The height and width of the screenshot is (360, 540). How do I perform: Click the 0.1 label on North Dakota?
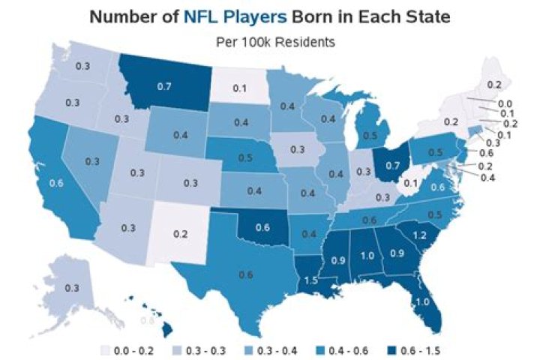point(238,88)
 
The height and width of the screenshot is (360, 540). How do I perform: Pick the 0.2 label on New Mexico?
point(179,233)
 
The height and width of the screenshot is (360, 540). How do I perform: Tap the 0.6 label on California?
point(56,181)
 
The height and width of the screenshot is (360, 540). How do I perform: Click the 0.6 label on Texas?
point(245,275)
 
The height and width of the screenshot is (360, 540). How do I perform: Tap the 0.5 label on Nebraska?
point(244,159)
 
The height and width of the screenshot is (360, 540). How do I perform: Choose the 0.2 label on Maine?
point(494,85)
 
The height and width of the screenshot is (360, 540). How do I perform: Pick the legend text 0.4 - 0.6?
point(341,349)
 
